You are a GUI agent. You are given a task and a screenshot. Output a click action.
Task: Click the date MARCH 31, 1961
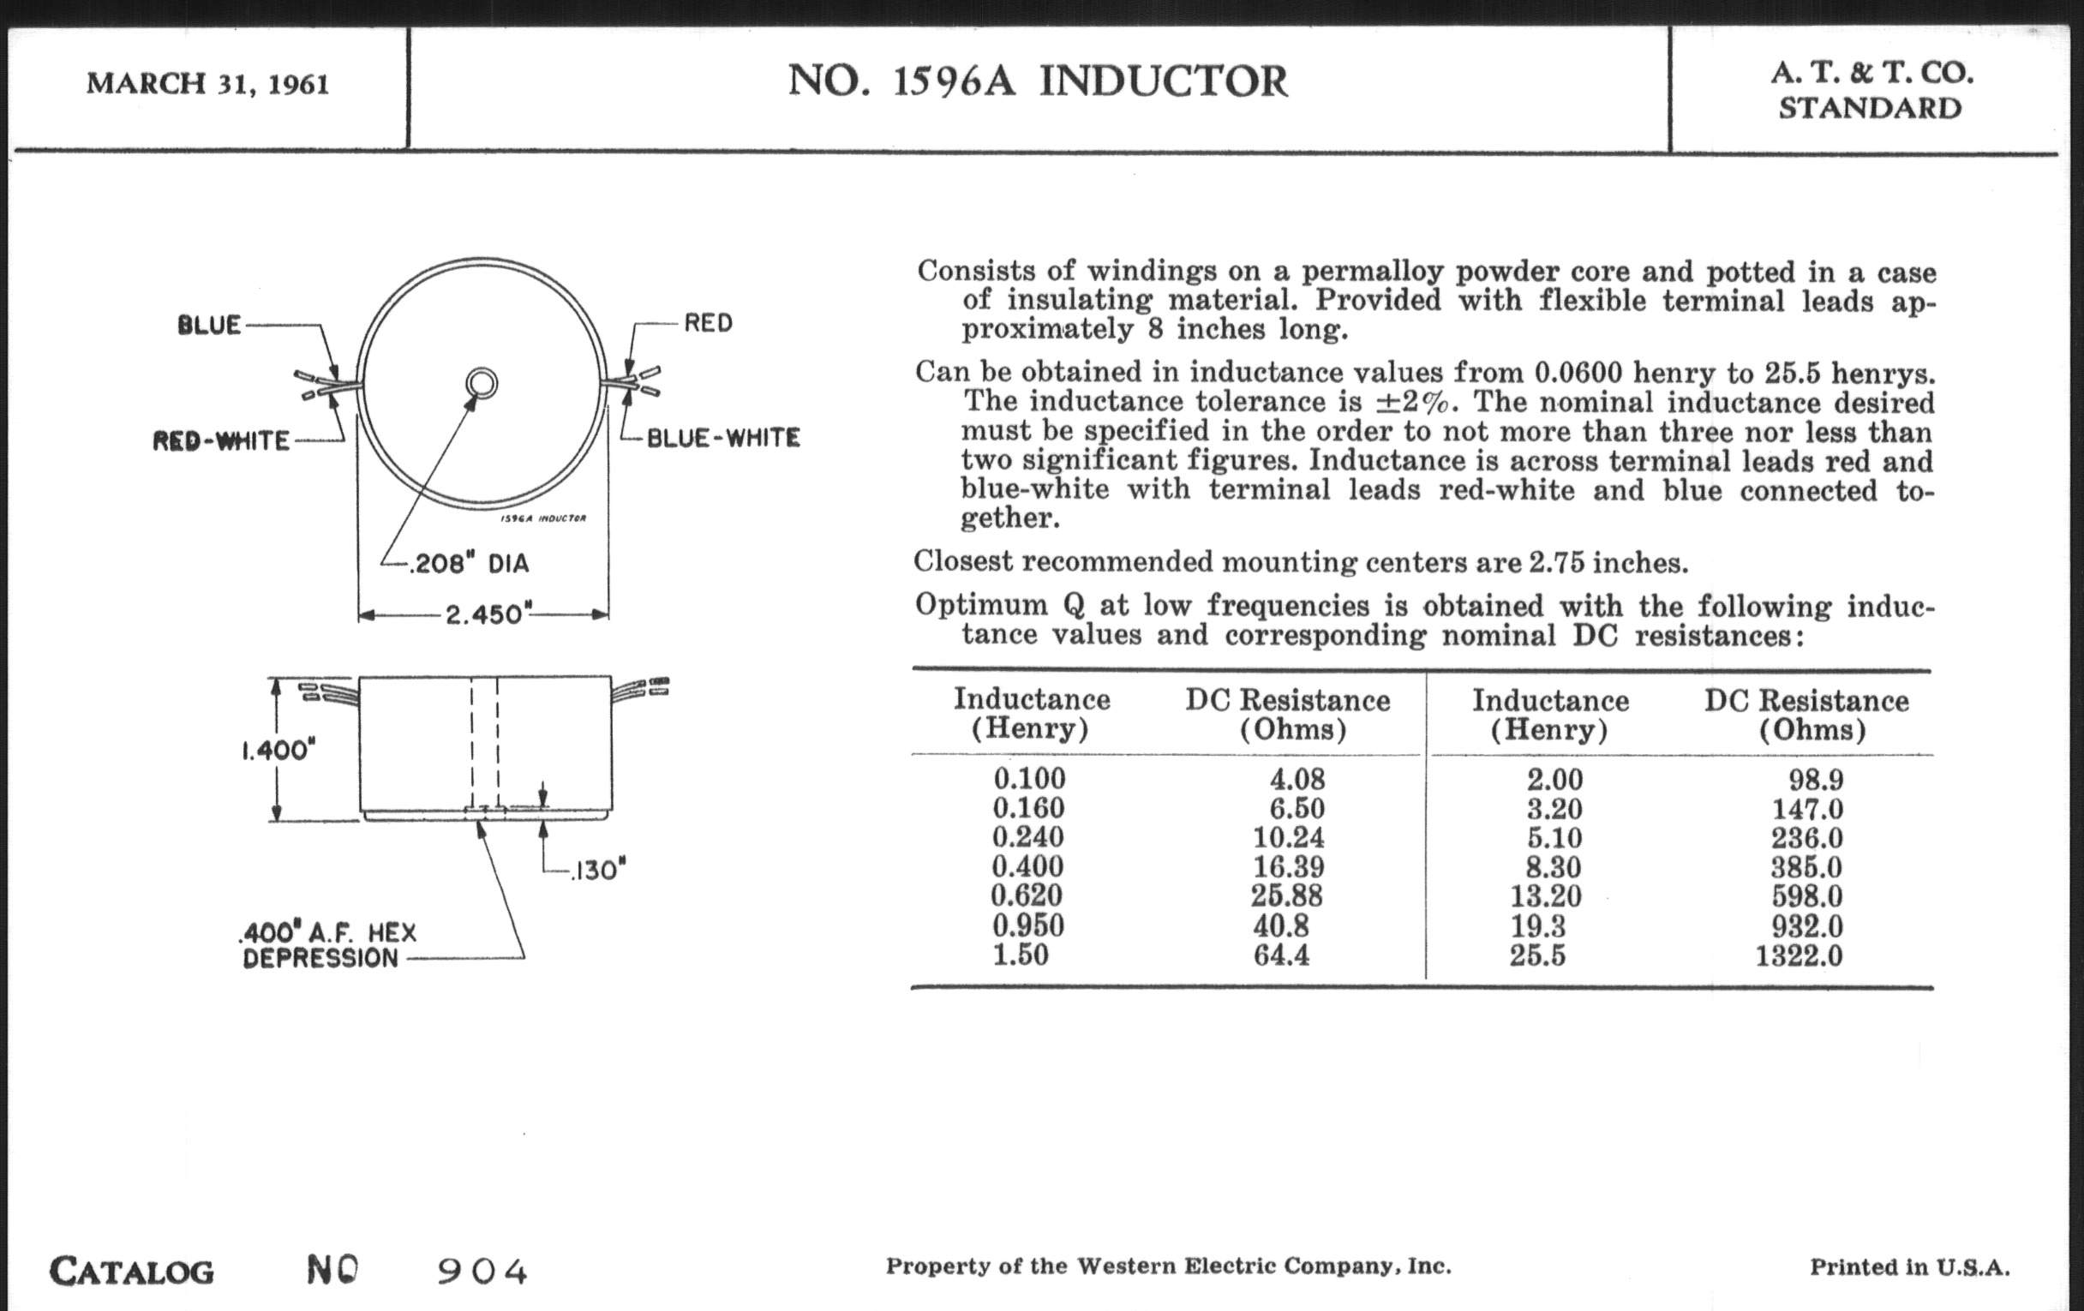[x=207, y=84]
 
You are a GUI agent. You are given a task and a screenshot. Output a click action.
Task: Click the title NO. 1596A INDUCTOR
[x=1038, y=81]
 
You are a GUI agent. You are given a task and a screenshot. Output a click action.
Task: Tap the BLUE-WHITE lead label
[x=723, y=438]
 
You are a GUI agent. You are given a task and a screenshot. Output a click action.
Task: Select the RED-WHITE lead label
[x=222, y=440]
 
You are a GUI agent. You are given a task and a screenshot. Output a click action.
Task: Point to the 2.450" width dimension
[x=484, y=614]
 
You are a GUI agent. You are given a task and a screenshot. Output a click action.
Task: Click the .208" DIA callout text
[x=469, y=564]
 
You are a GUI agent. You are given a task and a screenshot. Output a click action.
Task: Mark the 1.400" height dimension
[x=274, y=750]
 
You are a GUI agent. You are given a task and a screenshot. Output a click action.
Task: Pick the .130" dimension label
[x=597, y=870]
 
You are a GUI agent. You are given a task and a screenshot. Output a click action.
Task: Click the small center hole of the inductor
[x=482, y=382]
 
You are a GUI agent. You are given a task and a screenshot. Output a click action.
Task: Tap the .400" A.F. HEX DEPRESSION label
[x=329, y=945]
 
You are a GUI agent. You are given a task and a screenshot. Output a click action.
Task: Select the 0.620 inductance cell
[x=1027, y=895]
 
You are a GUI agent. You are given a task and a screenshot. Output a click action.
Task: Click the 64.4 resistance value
[x=1282, y=955]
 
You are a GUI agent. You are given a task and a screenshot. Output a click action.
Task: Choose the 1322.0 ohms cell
[x=1799, y=956]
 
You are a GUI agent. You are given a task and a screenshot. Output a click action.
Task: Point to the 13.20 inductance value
[x=1546, y=896]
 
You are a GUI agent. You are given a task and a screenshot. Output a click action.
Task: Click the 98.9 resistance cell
[x=1816, y=780]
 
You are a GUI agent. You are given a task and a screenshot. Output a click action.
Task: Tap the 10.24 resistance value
[x=1289, y=838]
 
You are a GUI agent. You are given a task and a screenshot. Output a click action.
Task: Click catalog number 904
[x=482, y=1272]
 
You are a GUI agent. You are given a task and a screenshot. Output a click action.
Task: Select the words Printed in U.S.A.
[x=1909, y=1268]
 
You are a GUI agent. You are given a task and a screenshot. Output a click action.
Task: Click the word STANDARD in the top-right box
[x=1871, y=109]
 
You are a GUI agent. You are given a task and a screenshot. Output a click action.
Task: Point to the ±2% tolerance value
[x=1414, y=403]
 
